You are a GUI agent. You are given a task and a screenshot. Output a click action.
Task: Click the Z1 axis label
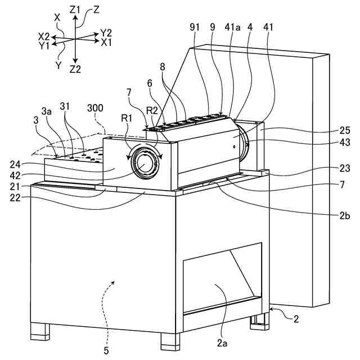(x=74, y=10)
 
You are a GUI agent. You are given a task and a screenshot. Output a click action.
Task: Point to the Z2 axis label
(x=75, y=69)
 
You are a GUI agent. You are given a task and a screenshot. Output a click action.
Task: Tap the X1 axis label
(x=106, y=42)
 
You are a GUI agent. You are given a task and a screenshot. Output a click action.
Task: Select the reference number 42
(x=17, y=174)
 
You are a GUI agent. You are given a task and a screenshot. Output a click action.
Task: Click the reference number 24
(x=17, y=165)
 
